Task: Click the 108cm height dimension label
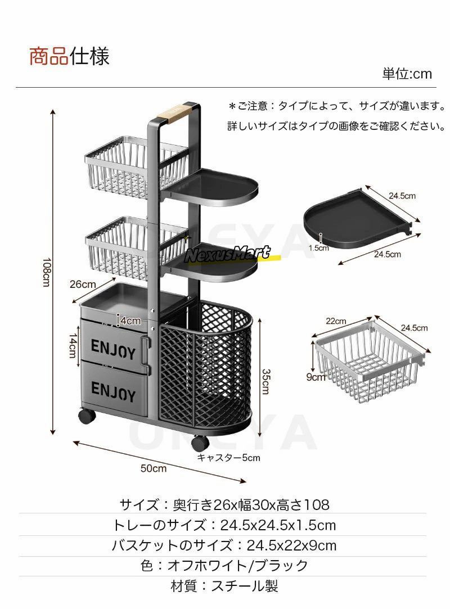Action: pos(46,272)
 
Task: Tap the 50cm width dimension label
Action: pos(154,468)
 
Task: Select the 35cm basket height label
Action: pos(266,381)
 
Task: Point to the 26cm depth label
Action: pos(83,285)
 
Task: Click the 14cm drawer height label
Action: pos(73,345)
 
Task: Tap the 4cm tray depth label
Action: pos(130,321)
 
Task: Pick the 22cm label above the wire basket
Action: pos(336,321)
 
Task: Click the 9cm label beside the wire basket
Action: pos(316,376)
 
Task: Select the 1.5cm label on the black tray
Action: pos(318,248)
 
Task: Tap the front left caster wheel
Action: pos(87,417)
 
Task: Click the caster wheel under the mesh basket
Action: pos(200,443)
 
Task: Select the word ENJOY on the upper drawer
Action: pos(113,349)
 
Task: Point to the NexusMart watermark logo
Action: pos(227,254)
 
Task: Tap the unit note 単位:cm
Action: pos(407,74)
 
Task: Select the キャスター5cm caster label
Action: pos(228,458)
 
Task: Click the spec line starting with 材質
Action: pos(224,586)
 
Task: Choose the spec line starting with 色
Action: pos(224,566)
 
